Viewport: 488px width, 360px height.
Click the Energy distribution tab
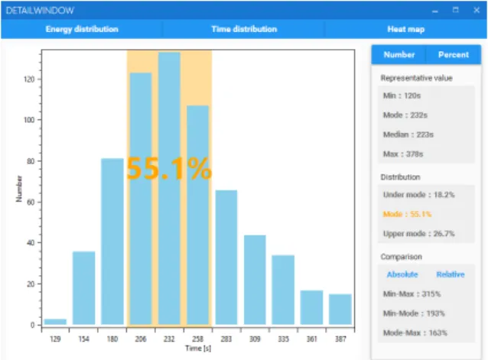82,29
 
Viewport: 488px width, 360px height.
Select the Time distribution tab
244,29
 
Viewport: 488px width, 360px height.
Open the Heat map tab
406,29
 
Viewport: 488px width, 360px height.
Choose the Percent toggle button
453,55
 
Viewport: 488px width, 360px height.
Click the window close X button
477,10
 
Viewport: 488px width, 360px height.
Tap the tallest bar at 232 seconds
169,188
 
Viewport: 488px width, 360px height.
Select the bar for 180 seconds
112,242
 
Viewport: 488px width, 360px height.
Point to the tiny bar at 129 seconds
55,322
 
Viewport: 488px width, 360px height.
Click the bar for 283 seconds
226,258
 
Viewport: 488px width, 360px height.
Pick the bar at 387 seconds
340,310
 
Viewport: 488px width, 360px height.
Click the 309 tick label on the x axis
255,339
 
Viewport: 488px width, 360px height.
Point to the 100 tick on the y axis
29,120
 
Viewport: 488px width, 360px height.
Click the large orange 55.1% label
169,169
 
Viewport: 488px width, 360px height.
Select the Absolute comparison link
402,274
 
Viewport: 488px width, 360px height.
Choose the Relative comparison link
451,274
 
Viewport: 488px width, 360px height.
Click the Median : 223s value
408,135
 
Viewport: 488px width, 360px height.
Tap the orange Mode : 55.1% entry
407,214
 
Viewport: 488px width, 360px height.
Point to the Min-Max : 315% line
412,294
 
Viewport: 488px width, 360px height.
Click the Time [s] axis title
198,349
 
